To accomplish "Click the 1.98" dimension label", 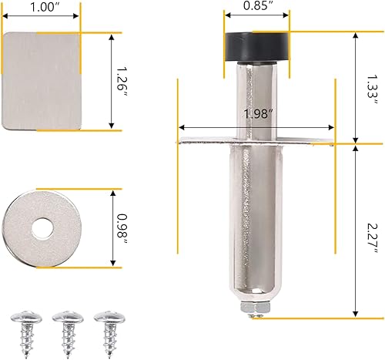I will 256,114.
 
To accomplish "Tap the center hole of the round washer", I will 40,227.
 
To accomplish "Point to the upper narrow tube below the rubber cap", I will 256,100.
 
